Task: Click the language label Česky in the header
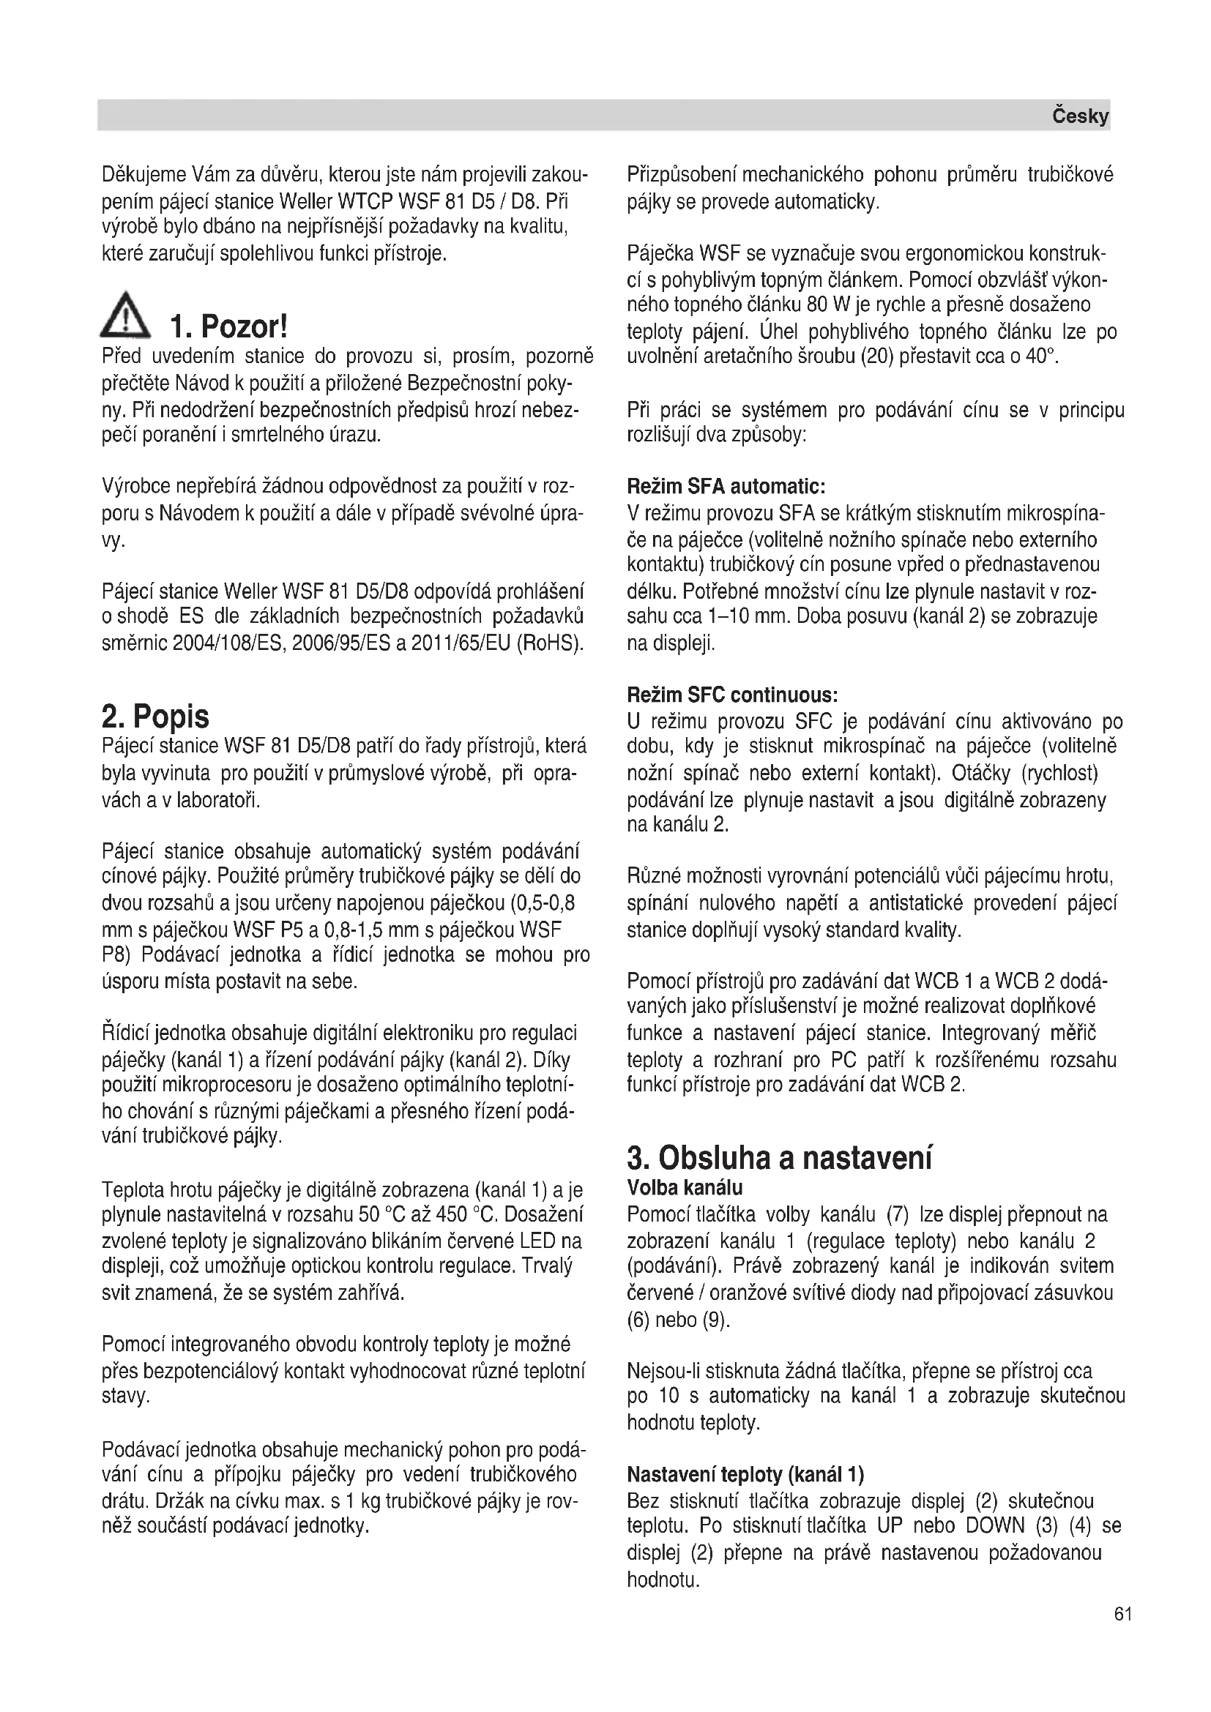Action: pos(1080,116)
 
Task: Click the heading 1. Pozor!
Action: pos(229,326)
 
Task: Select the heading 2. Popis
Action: pos(155,717)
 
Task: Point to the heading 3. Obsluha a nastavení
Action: pos(779,1158)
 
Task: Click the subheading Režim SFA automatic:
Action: pos(726,487)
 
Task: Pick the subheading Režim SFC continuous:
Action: pos(732,695)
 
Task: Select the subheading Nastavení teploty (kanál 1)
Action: pos(745,1474)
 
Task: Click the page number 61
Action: pos(1123,1615)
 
